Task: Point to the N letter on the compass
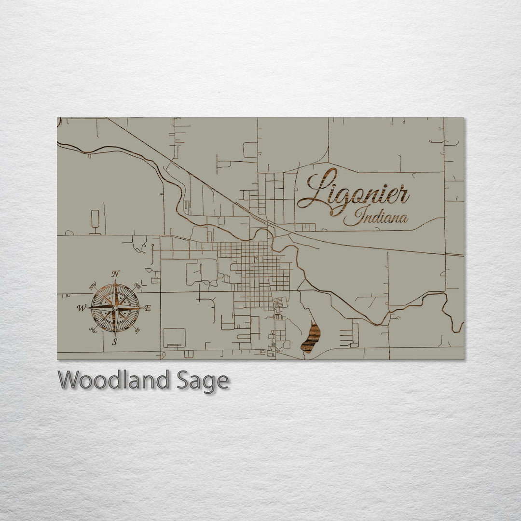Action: click(x=115, y=274)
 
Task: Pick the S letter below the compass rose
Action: click(x=114, y=342)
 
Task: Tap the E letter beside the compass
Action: click(x=148, y=308)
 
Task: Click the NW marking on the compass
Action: click(x=93, y=288)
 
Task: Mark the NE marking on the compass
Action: click(x=137, y=286)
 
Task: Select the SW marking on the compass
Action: click(x=93, y=330)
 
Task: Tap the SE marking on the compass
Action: click(x=137, y=330)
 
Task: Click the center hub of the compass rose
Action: click(x=115, y=308)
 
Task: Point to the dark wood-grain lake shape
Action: click(x=311, y=338)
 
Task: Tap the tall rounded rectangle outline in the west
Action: click(x=95, y=219)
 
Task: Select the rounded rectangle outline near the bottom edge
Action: click(x=174, y=338)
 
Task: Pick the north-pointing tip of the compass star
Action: click(x=115, y=282)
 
